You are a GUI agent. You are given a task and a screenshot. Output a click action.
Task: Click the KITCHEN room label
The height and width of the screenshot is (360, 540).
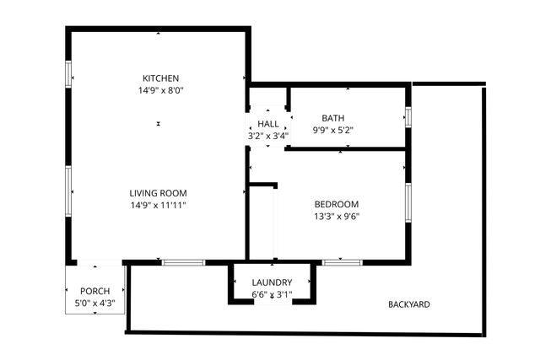point(160,78)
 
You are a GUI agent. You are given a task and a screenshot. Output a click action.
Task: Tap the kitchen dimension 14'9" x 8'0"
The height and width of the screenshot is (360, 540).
point(160,90)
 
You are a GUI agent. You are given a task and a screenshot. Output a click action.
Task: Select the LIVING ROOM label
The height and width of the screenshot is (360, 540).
point(158,193)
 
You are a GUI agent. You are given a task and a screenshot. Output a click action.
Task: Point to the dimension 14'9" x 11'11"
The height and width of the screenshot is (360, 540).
point(158,205)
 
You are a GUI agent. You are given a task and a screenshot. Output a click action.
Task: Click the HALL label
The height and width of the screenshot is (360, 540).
point(268,124)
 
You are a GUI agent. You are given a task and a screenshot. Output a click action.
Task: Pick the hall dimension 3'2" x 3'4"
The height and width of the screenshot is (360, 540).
point(268,135)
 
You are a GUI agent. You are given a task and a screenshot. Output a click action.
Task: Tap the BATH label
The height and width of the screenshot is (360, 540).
point(333,118)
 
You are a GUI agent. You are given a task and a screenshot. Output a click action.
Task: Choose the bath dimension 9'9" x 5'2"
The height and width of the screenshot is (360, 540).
point(333,130)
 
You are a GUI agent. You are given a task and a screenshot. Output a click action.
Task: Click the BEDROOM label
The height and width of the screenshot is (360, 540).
point(337,204)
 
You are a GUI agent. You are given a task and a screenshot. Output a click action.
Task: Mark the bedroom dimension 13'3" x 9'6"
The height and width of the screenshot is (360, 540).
point(337,216)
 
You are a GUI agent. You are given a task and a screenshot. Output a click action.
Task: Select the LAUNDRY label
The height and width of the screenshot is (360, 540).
point(272,282)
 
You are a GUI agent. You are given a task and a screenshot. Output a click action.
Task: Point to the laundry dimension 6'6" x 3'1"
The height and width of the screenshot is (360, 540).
point(272,294)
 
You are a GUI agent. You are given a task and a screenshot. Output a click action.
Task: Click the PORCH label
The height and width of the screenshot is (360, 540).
point(94,291)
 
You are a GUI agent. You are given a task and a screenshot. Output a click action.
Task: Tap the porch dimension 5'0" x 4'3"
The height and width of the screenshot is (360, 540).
point(94,303)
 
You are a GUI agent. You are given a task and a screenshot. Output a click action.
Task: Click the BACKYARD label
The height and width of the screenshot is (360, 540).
point(409,304)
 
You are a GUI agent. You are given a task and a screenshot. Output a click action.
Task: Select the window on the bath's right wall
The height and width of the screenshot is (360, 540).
point(408,116)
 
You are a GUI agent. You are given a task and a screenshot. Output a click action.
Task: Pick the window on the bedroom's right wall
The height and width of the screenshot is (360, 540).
point(408,202)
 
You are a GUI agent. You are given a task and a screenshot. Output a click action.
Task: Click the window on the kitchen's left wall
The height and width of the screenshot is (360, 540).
point(68,75)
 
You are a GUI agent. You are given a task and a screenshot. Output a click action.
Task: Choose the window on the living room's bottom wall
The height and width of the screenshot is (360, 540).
point(184,262)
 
